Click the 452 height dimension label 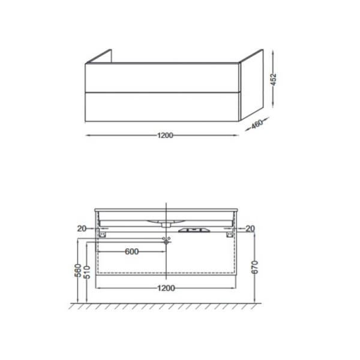tap(274, 79)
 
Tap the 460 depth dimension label tap(257, 124)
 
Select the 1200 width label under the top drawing tap(165, 136)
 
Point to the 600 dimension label tap(132, 251)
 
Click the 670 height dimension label tap(255, 267)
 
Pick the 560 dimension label tap(78, 271)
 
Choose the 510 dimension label tap(87, 272)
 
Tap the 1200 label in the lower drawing tap(166, 288)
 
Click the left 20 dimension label tap(82, 229)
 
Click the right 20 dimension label tap(250, 229)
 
